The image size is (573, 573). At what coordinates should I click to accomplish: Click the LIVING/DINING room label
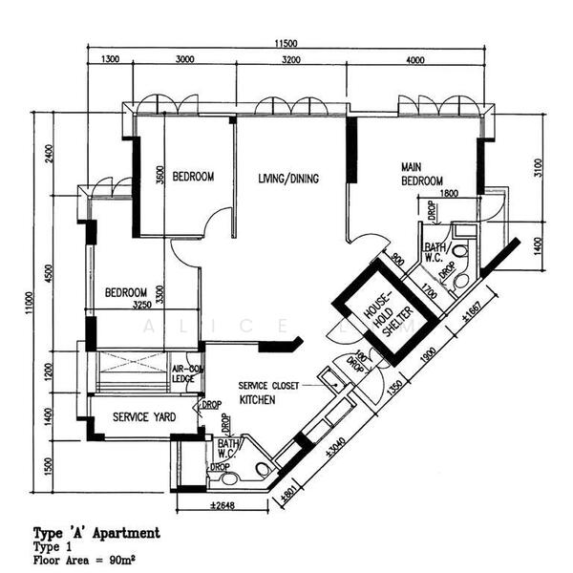287,179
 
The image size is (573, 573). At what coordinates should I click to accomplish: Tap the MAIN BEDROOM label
421,174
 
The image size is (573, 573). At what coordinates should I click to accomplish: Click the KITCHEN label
257,400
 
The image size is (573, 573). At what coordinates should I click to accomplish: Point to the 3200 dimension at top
291,60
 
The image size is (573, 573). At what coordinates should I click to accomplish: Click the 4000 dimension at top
415,60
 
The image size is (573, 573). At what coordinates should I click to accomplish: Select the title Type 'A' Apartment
95,532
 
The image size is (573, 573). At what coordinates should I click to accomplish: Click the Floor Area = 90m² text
90,561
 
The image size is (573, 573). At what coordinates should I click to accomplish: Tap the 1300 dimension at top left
110,60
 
